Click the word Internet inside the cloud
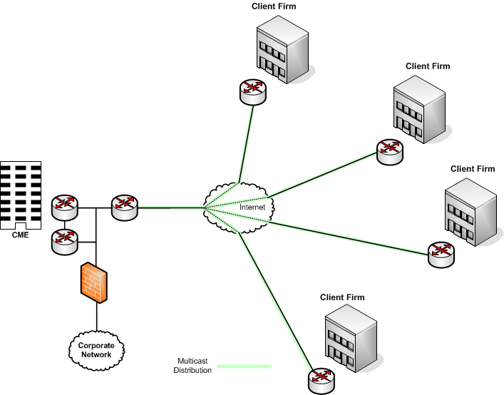(251, 207)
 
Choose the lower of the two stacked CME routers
(64, 242)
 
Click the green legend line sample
(245, 366)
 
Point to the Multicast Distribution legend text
(193, 365)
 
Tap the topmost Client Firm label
(274, 6)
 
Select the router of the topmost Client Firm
(252, 91)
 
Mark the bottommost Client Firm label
(342, 297)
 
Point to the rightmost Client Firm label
(473, 169)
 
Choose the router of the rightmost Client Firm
(440, 254)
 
